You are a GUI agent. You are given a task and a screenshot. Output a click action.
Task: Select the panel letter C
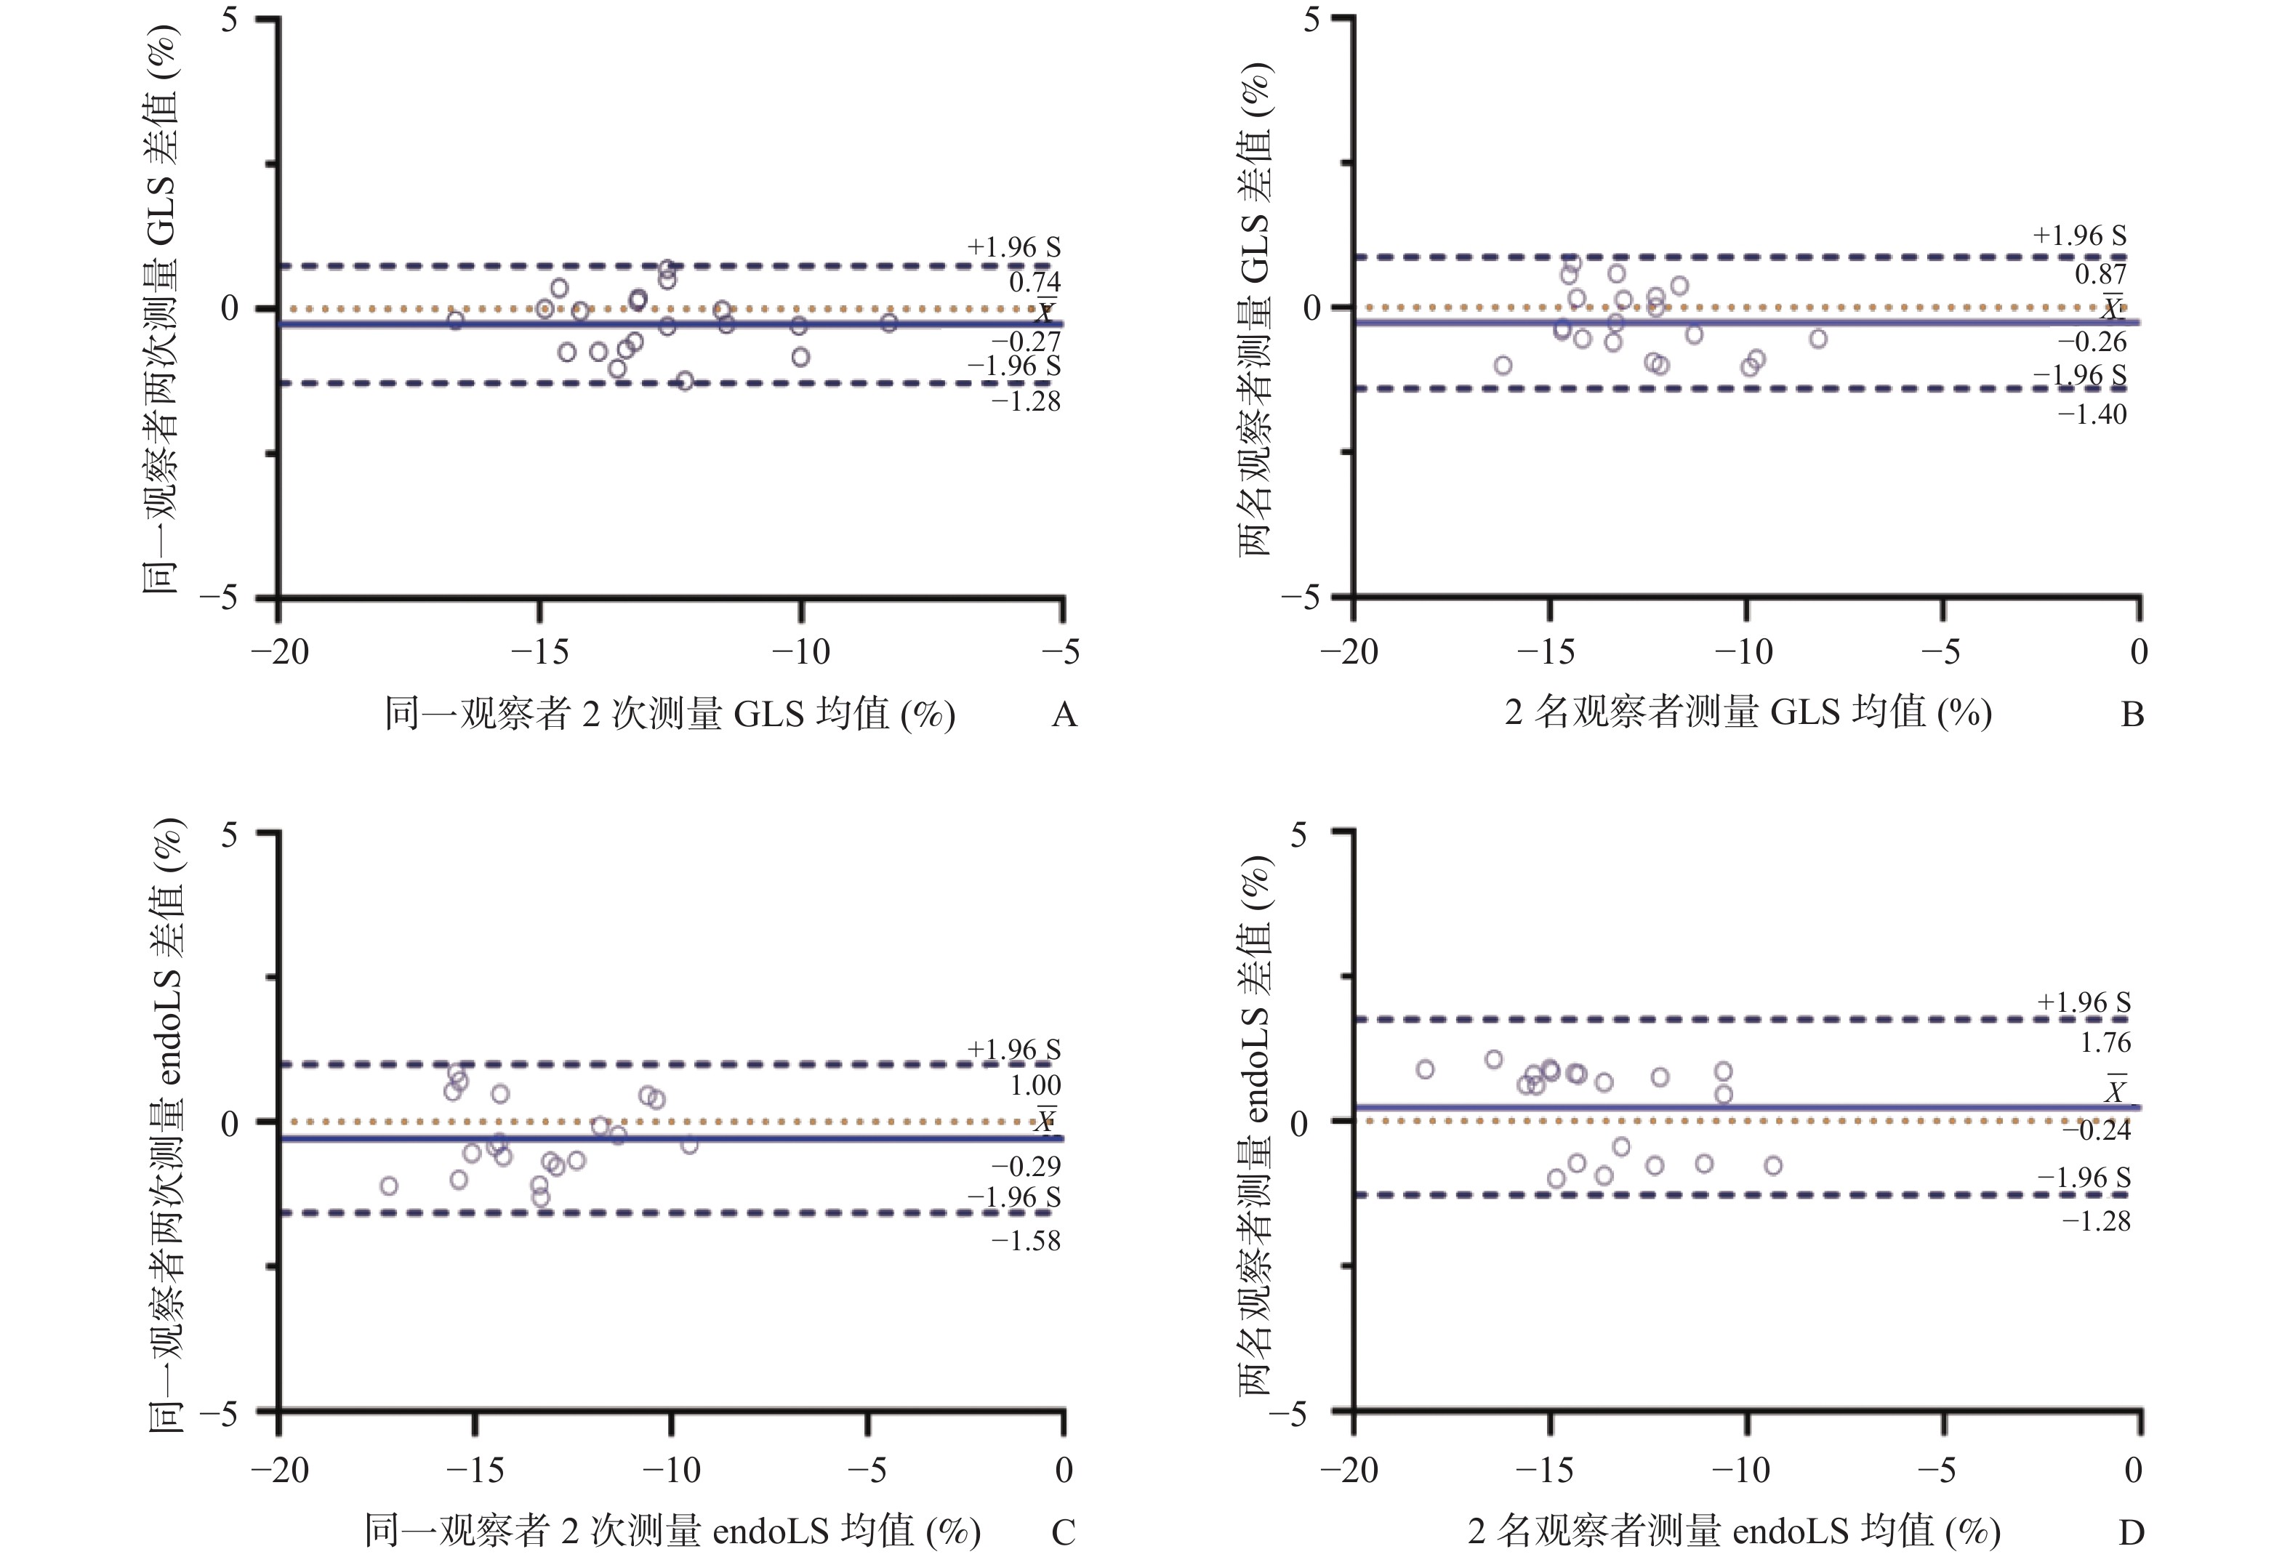pyautogui.click(x=1063, y=1532)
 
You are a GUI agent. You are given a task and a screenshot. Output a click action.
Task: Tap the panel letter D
pyautogui.click(x=2132, y=1532)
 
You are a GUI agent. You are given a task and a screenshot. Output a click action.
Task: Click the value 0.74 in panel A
pyautogui.click(x=1034, y=283)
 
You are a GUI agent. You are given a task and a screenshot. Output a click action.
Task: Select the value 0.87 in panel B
pyautogui.click(x=2101, y=274)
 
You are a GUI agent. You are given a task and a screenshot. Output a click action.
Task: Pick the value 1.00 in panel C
pyautogui.click(x=1034, y=1086)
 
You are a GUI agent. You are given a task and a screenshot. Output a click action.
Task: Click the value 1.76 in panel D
pyautogui.click(x=2105, y=1042)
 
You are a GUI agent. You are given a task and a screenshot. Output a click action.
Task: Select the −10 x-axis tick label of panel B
pyautogui.click(x=1743, y=651)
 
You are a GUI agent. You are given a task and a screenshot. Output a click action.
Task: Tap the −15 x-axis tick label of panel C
pyautogui.click(x=475, y=1470)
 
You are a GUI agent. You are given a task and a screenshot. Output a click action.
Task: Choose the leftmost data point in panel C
pyautogui.click(x=389, y=1186)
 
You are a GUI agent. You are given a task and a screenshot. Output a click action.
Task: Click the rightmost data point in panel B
pyautogui.click(x=1818, y=339)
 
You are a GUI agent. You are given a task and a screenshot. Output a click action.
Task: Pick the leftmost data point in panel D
pyautogui.click(x=1425, y=1069)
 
